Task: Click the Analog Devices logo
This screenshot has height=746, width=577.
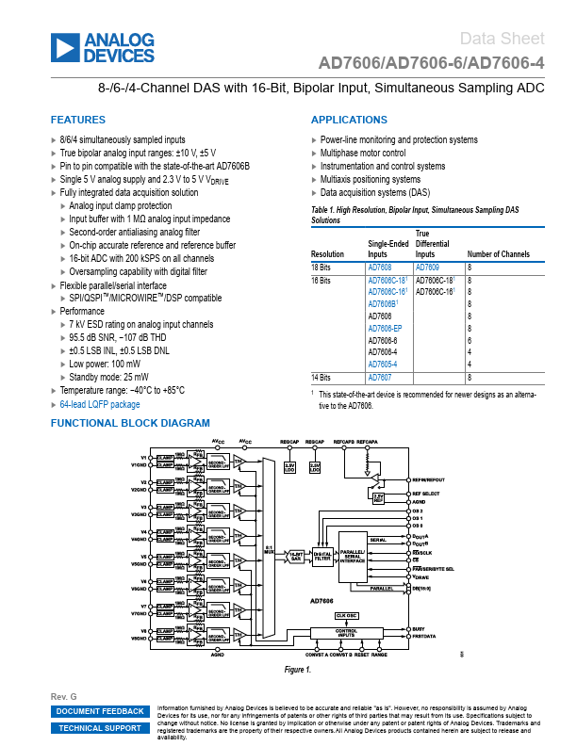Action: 104,47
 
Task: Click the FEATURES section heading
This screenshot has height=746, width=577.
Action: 76,121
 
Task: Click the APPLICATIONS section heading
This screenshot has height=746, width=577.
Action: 349,121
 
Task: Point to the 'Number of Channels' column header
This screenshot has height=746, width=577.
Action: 499,254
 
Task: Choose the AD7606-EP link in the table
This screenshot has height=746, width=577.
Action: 385,329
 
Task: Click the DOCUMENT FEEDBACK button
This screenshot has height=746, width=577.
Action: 101,711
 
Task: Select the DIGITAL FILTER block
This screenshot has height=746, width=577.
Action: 321,556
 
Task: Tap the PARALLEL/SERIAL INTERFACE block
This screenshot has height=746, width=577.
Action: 352,557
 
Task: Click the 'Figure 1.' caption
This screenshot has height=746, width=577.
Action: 298,670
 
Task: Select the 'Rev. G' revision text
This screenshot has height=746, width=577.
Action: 63,695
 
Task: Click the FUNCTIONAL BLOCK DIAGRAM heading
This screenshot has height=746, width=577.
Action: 130,424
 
